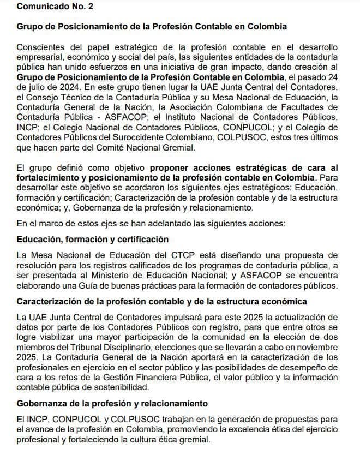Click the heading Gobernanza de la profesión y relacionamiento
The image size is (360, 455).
[112, 404]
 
